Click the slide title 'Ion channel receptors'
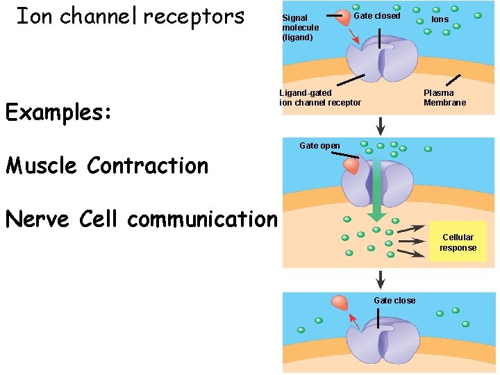[x=130, y=16]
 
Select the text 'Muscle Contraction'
[x=106, y=166]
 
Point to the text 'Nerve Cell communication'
[x=141, y=219]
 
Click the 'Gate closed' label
[x=377, y=16]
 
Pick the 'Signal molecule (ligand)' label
[x=300, y=28]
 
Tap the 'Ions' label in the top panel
[x=440, y=19]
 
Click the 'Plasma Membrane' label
[x=444, y=98]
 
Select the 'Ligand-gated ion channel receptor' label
[x=320, y=98]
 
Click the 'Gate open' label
[x=319, y=146]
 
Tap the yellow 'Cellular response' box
[x=458, y=242]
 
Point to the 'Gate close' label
[x=394, y=301]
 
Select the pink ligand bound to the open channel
[x=351, y=165]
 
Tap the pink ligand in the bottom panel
[x=340, y=302]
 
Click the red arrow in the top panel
[x=354, y=38]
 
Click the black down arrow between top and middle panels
[x=381, y=126]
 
